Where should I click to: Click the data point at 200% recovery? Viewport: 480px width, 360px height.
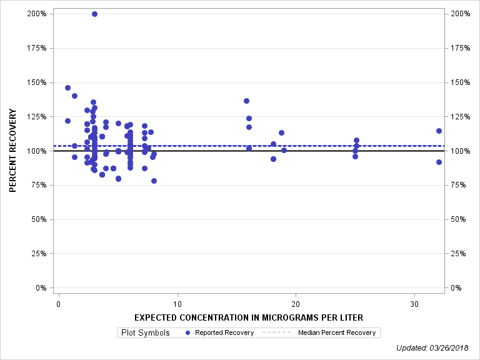94,14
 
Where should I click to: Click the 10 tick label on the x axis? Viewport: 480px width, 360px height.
177,304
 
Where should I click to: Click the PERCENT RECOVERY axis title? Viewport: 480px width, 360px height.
12,151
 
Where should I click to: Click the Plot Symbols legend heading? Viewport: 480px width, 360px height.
146,332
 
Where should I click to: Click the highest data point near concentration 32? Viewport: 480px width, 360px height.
439,131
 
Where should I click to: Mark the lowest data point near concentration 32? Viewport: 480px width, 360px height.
439,162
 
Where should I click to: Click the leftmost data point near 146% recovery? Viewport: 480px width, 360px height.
67,87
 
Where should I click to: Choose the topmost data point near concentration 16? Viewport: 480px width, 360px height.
246,101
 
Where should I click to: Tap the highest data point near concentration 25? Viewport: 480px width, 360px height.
356,140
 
